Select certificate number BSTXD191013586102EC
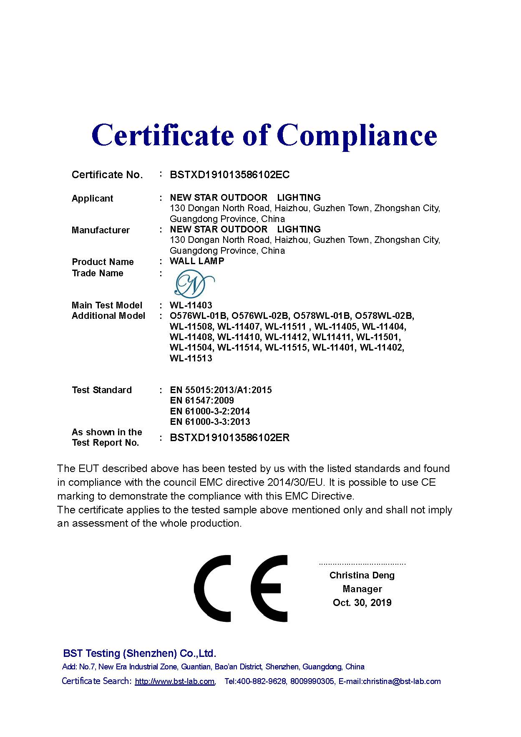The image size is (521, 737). click(229, 175)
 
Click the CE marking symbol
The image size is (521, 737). click(241, 588)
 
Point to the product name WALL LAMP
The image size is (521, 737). click(197, 261)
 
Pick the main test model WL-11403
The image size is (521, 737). click(191, 305)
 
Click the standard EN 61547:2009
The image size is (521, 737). click(202, 401)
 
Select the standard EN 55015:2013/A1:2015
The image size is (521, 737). click(221, 390)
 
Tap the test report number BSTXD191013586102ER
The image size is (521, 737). click(229, 438)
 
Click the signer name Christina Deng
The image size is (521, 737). click(362, 575)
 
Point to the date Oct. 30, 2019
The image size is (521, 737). click(362, 603)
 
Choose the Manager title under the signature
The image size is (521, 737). click(362, 589)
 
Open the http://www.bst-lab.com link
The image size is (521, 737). click(174, 681)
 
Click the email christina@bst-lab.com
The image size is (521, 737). click(401, 681)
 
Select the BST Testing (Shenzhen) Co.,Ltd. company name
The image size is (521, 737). click(139, 654)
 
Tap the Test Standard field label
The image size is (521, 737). click(101, 390)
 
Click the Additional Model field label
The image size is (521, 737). click(108, 316)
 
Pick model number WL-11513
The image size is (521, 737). click(191, 358)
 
